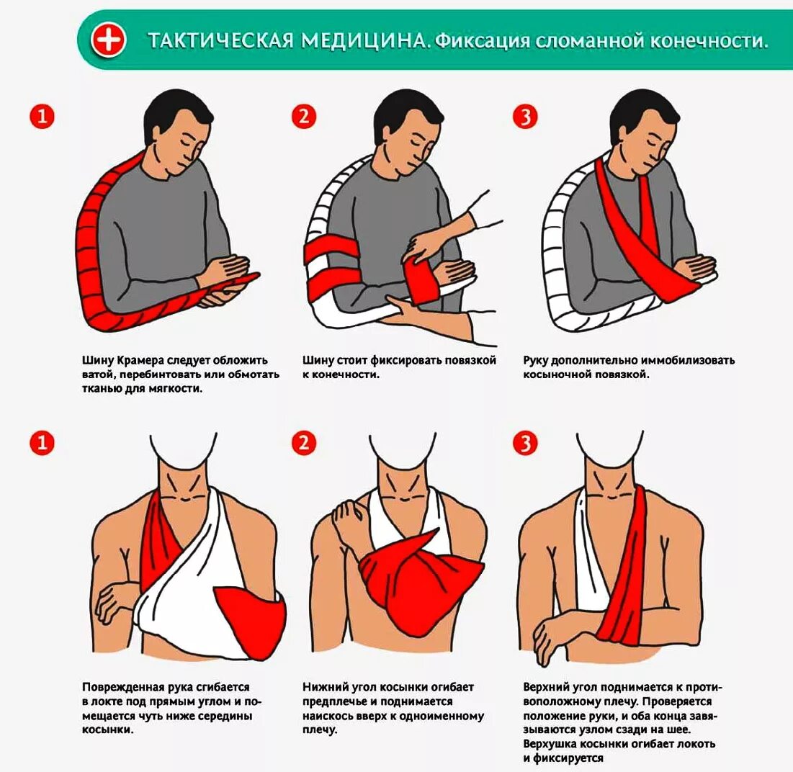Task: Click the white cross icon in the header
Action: coord(108,40)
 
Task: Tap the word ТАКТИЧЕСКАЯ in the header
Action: coord(220,40)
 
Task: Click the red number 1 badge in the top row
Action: coord(42,116)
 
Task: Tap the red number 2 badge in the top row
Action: coord(304,116)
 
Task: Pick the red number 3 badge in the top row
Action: coord(525,116)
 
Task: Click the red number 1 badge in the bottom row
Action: coord(42,444)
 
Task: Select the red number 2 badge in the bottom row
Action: coord(304,444)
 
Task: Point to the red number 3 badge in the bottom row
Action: coord(525,444)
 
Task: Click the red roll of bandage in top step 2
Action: coord(421,280)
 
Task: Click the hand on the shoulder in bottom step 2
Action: coord(349,520)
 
